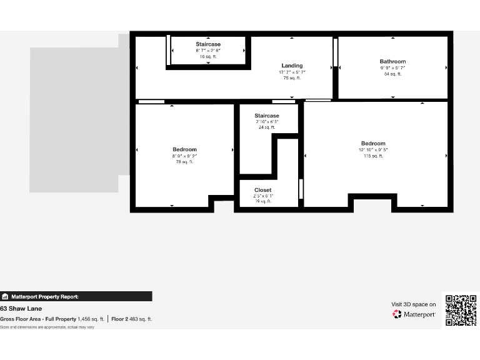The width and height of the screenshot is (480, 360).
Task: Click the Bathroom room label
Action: [x=392, y=61]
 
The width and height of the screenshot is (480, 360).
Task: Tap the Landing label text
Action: [x=292, y=66]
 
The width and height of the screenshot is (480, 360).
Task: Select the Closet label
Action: [x=262, y=190]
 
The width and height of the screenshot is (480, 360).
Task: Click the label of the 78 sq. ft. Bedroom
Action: [x=184, y=149]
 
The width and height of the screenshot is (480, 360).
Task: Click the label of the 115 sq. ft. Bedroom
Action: [x=373, y=143]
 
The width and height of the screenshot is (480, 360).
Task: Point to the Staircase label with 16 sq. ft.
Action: [x=208, y=44]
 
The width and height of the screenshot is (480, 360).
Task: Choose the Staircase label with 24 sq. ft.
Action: [x=267, y=116]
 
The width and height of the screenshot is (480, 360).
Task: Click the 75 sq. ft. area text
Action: [x=292, y=78]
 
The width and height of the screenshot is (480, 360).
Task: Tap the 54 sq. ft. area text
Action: [x=392, y=74]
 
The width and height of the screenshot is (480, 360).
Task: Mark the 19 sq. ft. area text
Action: [x=263, y=201]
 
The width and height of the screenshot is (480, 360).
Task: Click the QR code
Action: [x=461, y=310]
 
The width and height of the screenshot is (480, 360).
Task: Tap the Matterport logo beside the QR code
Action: [x=414, y=314]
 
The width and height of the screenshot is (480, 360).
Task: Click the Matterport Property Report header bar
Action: [x=76, y=297]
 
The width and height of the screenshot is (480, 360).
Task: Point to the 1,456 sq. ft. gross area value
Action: [x=91, y=319]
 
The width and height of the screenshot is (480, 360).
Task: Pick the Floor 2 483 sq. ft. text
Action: [x=131, y=319]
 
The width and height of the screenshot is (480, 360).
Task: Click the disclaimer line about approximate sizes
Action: [x=47, y=327]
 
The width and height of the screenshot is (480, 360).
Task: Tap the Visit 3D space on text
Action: [x=413, y=304]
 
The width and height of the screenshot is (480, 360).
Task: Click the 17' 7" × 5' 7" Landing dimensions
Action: [x=292, y=72]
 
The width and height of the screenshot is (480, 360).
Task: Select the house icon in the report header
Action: [x=5, y=297]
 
